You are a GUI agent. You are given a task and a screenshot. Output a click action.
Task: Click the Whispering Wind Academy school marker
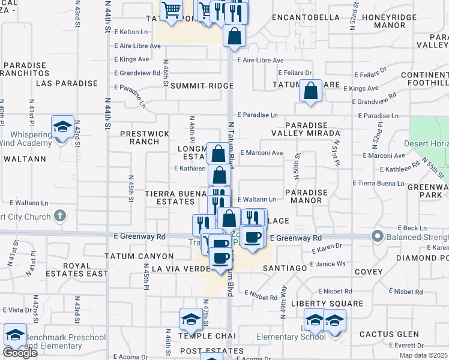(62, 127)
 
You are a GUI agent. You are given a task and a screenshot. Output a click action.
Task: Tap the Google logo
(20, 353)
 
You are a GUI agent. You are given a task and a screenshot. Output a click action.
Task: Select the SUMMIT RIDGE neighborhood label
(201, 86)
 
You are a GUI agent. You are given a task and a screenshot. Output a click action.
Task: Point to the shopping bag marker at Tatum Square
(310, 92)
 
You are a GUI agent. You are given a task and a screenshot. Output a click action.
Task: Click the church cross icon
(59, 215)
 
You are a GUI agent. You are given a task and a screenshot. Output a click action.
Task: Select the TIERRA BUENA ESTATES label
(175, 199)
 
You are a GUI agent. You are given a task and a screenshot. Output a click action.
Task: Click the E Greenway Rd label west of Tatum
(139, 237)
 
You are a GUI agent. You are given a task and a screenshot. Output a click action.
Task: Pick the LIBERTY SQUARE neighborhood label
(327, 304)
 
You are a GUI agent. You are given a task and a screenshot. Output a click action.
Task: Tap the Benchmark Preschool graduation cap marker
(15, 335)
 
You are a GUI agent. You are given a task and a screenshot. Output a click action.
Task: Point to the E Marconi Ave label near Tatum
(261, 153)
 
